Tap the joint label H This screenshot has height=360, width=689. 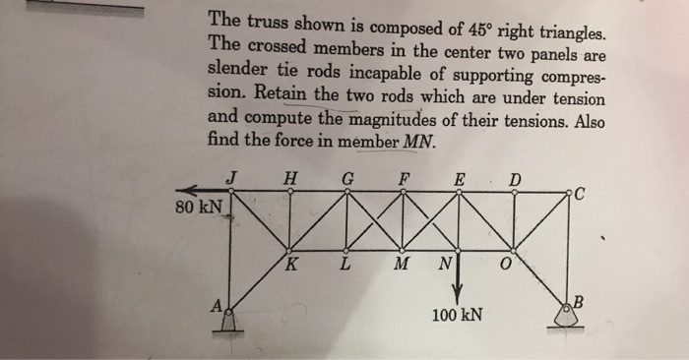[288, 178]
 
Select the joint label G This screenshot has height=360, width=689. [344, 178]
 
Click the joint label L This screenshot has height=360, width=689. [344, 266]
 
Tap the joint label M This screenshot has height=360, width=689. [401, 266]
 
